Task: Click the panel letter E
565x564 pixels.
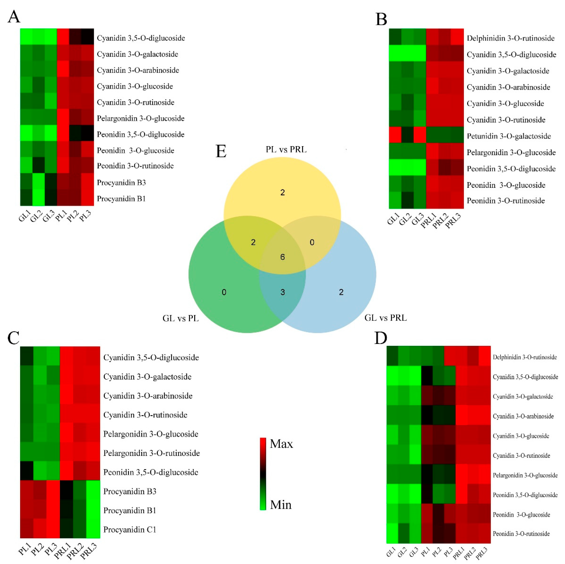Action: tap(221, 151)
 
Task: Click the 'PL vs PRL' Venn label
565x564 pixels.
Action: tap(286, 150)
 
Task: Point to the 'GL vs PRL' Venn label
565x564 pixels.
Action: tap(385, 318)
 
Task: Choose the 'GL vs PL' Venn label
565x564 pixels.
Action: tap(180, 319)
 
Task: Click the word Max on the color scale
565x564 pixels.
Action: tap(281, 444)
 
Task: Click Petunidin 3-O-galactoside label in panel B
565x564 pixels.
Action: tap(509, 136)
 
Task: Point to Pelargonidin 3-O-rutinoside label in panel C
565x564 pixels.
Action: tap(152, 453)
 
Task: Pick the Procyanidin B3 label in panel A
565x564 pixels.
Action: tap(121, 183)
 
